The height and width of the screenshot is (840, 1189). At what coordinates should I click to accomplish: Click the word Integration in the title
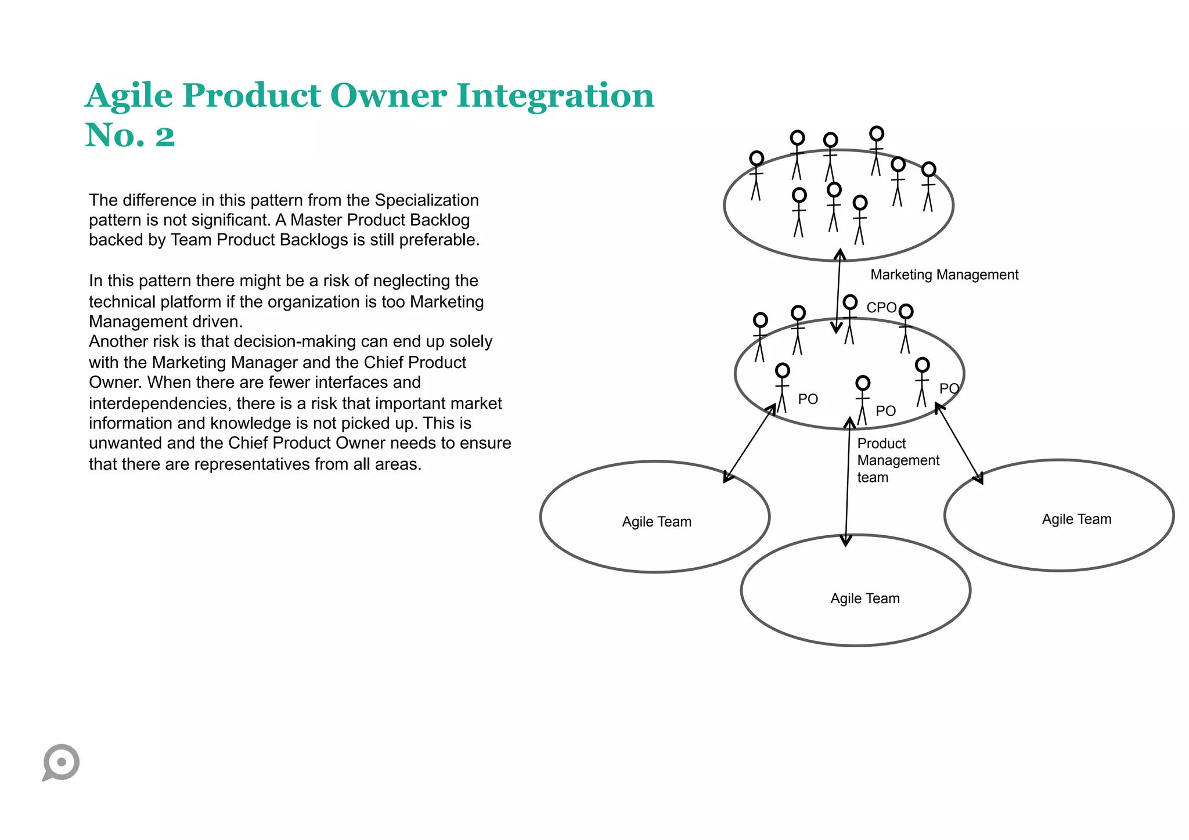pos(555,96)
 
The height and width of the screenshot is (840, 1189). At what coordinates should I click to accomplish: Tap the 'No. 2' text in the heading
pos(130,135)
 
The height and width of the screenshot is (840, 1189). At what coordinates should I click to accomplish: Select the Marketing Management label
pos(944,275)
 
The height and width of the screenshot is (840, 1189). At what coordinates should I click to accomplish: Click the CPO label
pos(881,308)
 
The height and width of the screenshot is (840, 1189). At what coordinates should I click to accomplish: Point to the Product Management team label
pos(898,460)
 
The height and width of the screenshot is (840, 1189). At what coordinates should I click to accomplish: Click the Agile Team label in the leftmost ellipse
pos(657,522)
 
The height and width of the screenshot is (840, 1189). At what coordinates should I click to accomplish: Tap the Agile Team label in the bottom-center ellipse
pos(864,599)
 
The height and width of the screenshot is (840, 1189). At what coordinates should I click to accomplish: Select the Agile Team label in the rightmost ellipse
pos(1076,519)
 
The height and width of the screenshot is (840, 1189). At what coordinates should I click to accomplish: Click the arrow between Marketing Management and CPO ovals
pos(838,290)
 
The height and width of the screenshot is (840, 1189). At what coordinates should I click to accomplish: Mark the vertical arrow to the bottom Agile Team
pos(848,482)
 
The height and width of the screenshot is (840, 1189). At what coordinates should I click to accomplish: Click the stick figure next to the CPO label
pos(850,319)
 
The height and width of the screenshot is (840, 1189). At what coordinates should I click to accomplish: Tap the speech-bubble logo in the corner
pos(61,762)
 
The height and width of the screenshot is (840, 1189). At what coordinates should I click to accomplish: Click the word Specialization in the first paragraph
pos(427,200)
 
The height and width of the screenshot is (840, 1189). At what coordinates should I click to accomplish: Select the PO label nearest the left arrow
pos(808,399)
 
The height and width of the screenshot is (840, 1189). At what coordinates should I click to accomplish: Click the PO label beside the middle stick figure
pos(885,411)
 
